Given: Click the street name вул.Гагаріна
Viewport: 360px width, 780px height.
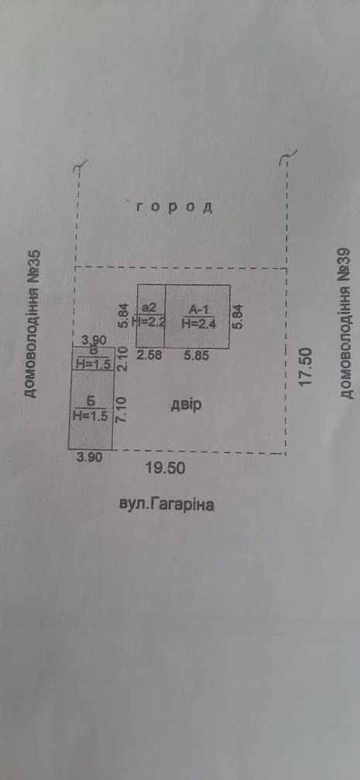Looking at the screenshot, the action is [x=166, y=505].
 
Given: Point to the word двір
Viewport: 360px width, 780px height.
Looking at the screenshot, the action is [x=186, y=405].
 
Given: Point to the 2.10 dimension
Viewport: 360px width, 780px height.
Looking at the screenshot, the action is [x=124, y=359].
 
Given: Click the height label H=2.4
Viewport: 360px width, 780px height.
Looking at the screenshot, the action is [x=198, y=323].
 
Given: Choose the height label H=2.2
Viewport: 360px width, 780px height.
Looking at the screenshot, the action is [x=150, y=323].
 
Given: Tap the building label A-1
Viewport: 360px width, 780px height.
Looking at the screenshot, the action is [x=199, y=310].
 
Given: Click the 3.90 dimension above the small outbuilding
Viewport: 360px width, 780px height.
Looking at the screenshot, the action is [x=93, y=340].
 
